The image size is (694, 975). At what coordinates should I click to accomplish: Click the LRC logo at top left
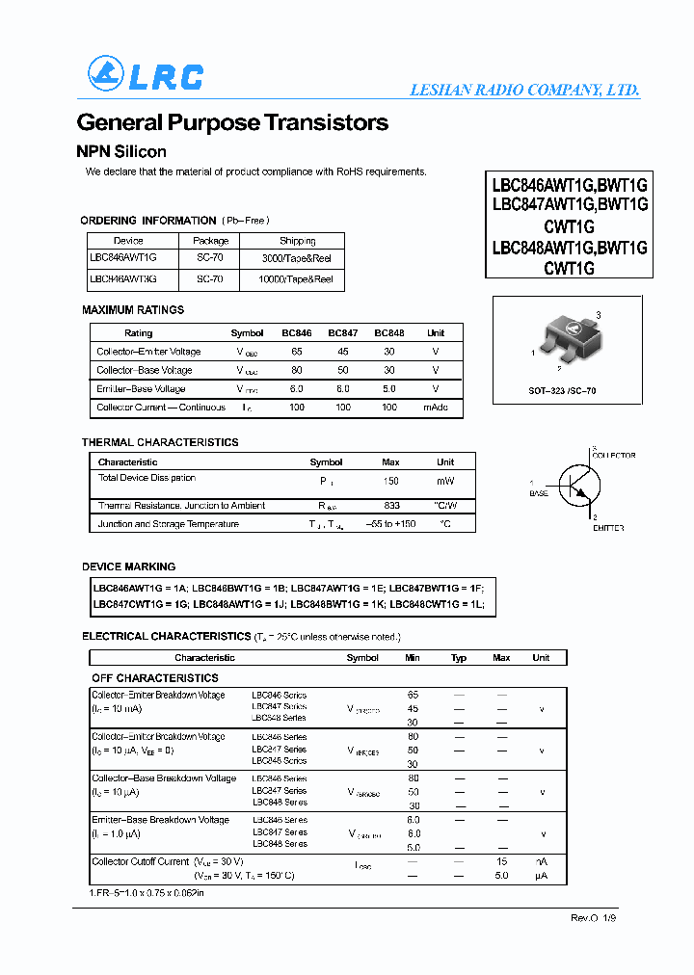[x=145, y=75]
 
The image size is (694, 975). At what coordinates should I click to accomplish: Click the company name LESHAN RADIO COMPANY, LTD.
[x=524, y=90]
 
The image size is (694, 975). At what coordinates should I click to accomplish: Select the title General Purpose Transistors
[x=232, y=123]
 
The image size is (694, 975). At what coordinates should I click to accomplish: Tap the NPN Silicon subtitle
[x=121, y=151]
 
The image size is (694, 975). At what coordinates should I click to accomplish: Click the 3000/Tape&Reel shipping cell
[x=297, y=258]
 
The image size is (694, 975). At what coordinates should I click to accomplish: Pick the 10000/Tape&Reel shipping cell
[x=297, y=279]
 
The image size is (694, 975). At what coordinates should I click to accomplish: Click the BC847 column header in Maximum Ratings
[x=343, y=333]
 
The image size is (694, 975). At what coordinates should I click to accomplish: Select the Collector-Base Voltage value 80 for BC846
[x=296, y=370]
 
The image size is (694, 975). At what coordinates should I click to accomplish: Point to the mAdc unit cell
[x=436, y=408]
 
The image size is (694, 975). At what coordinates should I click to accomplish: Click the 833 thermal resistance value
[x=391, y=506]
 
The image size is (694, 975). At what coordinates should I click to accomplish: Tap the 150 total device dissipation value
[x=391, y=480]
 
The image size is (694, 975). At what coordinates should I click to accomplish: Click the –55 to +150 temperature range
[x=392, y=524]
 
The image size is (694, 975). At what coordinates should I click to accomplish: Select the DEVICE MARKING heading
[x=129, y=567]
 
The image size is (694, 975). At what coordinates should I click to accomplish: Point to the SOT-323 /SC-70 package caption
[x=562, y=391]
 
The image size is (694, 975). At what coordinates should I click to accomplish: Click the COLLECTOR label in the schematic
[x=613, y=455]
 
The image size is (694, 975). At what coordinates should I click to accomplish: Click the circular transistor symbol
[x=577, y=487]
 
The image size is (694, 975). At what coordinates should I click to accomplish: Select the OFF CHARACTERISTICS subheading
[x=155, y=678]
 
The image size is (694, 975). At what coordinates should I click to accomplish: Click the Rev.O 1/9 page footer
[x=593, y=918]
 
